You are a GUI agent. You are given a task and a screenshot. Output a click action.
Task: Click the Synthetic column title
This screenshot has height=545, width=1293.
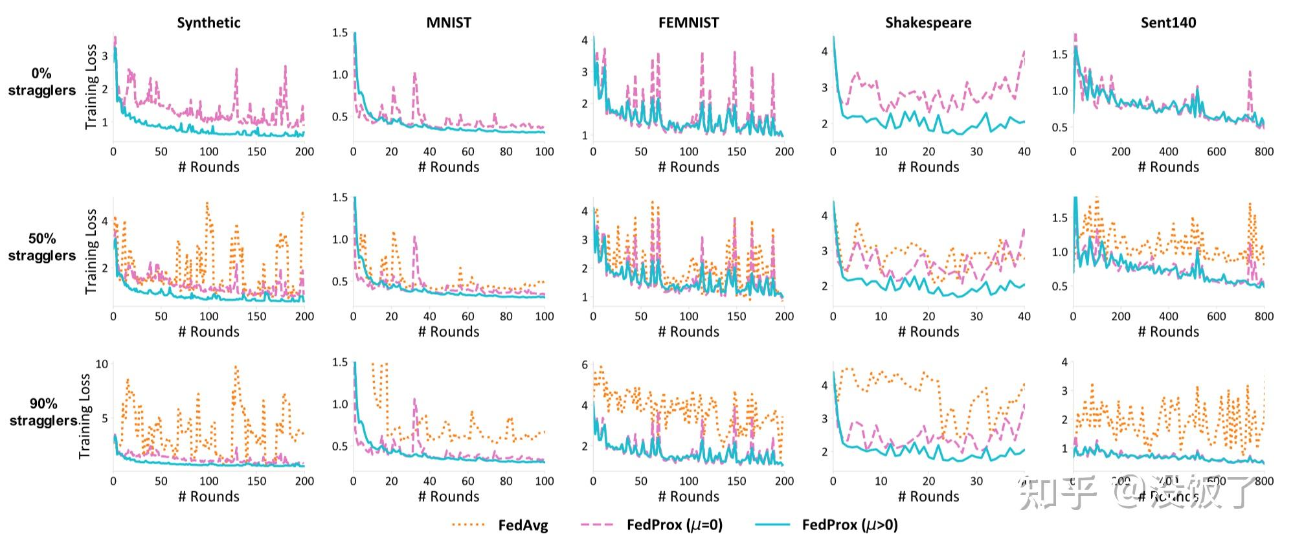[208, 23]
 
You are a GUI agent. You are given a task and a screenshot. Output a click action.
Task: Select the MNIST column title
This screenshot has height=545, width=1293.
[448, 23]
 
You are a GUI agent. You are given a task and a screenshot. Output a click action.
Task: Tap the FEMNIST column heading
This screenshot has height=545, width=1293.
[688, 23]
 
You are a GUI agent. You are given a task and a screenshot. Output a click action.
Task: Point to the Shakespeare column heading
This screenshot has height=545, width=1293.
[928, 23]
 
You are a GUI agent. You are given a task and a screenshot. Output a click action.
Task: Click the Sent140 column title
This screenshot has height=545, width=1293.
[1168, 23]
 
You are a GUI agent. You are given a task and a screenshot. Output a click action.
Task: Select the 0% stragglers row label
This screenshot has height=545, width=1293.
[42, 82]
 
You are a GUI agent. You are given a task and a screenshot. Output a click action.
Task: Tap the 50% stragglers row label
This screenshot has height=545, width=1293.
[42, 247]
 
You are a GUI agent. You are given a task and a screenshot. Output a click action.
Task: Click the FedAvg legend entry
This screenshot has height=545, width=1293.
[522, 525]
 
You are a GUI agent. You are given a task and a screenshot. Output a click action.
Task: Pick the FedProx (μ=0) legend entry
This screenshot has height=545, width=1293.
[674, 524]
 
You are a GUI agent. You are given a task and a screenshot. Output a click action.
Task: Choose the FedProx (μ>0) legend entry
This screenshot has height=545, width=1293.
[849, 524]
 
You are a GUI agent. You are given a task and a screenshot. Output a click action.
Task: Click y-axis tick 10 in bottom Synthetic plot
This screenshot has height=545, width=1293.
[102, 364]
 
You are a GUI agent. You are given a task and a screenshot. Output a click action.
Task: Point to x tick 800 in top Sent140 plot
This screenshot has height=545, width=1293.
[1263, 151]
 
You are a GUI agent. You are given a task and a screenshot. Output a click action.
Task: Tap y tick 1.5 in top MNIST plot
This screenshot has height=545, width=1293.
[340, 32]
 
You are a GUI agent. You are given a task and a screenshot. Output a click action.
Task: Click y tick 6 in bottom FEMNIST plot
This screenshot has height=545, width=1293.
[585, 365]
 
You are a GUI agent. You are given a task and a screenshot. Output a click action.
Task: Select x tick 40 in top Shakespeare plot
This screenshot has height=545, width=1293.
[1024, 151]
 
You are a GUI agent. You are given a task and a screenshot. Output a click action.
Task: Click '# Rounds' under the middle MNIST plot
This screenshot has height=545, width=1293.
[448, 331]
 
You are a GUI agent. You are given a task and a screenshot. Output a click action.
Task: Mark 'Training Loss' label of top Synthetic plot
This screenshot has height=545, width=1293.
[91, 87]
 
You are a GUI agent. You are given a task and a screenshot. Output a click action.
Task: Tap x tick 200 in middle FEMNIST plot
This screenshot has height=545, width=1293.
[784, 317]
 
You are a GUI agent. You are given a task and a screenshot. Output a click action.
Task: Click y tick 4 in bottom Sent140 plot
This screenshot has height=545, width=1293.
[1064, 362]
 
